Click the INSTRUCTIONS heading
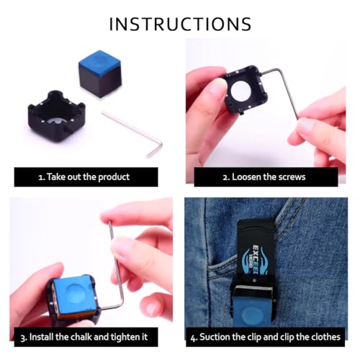(180, 24)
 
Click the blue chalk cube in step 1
(100, 73)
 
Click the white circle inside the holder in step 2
(241, 91)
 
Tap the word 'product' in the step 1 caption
(114, 177)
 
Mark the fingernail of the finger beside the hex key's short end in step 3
(151, 307)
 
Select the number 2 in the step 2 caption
(225, 178)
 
